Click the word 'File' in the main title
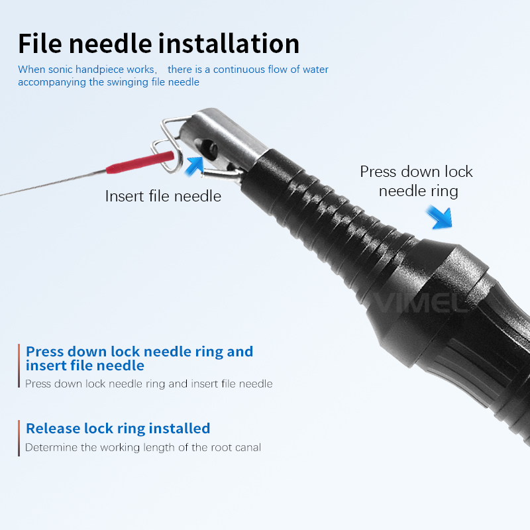[40, 44]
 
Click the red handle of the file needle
[140, 162]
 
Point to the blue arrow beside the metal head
[195, 166]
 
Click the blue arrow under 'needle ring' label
[439, 218]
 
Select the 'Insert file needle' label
[163, 196]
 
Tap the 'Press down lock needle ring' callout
[417, 181]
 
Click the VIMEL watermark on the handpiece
[420, 303]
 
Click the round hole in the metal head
[211, 148]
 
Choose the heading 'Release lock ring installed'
[118, 428]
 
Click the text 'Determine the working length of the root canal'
[143, 447]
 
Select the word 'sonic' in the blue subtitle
[60, 70]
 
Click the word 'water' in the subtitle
[315, 70]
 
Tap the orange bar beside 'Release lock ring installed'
[19, 438]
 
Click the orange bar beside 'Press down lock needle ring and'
[19, 366]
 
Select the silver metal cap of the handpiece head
[220, 138]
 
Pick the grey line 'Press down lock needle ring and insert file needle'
[148, 384]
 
